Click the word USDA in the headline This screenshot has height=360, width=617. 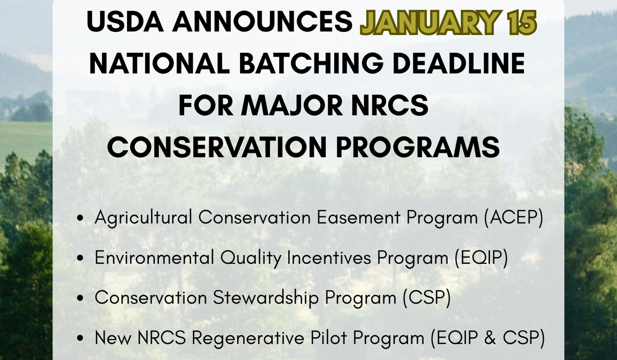coord(125,21)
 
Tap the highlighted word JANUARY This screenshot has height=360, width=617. coord(428,22)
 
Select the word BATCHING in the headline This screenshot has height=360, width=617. coord(311,63)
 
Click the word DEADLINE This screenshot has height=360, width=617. coord(459,63)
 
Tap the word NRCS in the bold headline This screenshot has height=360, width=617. coord(390,105)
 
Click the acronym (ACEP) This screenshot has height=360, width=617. coord(514,218)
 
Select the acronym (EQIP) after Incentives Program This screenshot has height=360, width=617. coord(481,258)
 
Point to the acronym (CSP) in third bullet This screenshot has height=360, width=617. coord(427,298)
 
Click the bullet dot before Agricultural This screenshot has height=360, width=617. coord(80,218)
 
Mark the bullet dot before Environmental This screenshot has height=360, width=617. coord(80,258)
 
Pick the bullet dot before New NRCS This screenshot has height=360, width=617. coord(80,339)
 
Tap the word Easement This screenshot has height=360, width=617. coord(358,218)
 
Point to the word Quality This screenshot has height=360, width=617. coord(251,258)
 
